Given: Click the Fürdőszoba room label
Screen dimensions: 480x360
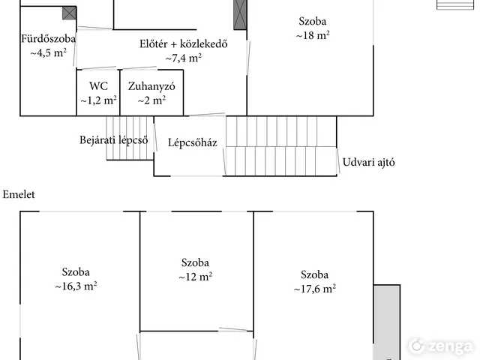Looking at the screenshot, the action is click(48, 39).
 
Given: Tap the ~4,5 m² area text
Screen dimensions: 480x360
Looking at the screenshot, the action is click(48, 52).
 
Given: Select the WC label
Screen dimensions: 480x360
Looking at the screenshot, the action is click(98, 86).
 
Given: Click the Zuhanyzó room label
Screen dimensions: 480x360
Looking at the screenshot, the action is click(151, 86).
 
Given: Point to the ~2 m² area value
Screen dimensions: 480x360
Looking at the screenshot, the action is click(151, 100).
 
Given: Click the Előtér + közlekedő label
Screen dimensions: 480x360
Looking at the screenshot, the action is click(183, 43).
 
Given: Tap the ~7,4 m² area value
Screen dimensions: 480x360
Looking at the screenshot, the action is click(183, 58).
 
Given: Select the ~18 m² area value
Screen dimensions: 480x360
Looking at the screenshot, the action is click(313, 35).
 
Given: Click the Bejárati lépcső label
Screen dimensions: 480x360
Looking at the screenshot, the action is click(113, 140).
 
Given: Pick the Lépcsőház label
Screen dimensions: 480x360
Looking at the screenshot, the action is click(193, 142).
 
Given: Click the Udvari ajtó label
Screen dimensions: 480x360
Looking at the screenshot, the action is click(368, 162).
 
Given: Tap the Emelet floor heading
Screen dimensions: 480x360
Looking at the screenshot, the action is click(19, 194).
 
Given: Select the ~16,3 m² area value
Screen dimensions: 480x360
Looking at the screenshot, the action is click(76, 286).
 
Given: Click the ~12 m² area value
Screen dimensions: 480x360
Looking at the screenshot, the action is click(195, 277).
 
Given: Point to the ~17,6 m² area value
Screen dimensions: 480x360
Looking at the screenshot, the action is click(315, 288).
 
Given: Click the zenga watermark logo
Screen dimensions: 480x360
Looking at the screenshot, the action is click(440, 346).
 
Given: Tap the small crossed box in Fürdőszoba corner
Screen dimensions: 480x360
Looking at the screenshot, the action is click(69, 13).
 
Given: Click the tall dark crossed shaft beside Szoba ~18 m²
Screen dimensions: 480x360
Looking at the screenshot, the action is click(240, 15).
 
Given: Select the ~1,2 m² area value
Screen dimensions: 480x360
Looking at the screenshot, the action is click(98, 100).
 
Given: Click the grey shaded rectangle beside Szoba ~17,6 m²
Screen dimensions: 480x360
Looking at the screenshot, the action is click(387, 322).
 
